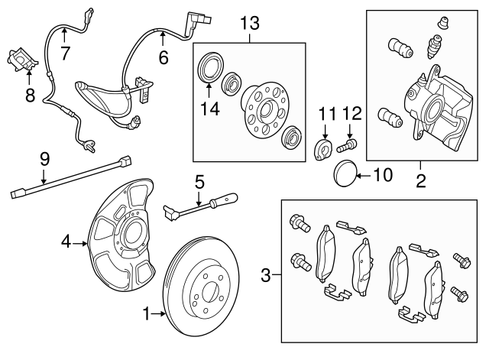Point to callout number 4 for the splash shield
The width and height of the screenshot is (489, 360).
66,243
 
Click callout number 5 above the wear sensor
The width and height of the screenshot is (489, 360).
199,183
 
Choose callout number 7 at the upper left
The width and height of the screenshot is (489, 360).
65,52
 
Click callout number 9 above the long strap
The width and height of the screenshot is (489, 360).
44,159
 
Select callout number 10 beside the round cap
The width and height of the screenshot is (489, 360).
381,176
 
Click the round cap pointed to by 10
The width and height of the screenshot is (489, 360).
344,174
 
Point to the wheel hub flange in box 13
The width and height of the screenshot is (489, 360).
259,106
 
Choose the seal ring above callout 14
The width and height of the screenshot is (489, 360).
209,65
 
